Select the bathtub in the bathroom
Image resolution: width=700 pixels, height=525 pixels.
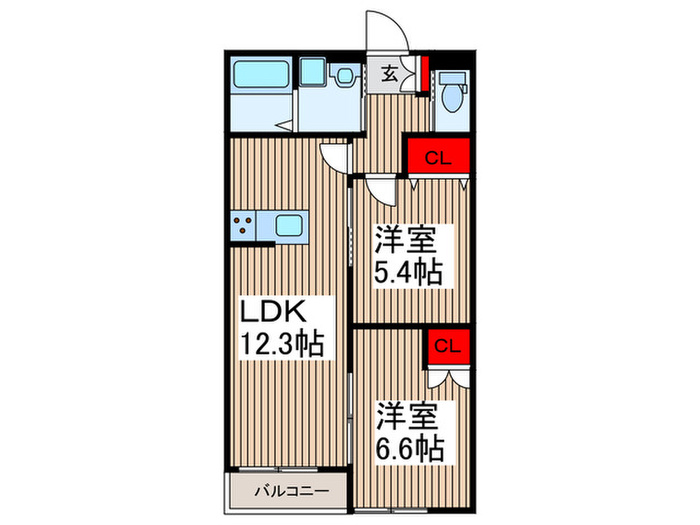pyautogui.click(x=261, y=75)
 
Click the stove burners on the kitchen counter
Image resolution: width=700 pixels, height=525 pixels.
pyautogui.click(x=243, y=226)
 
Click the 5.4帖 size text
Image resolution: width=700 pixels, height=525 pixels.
pyautogui.click(x=409, y=272)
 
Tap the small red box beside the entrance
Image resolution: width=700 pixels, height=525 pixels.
pyautogui.click(x=424, y=75)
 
